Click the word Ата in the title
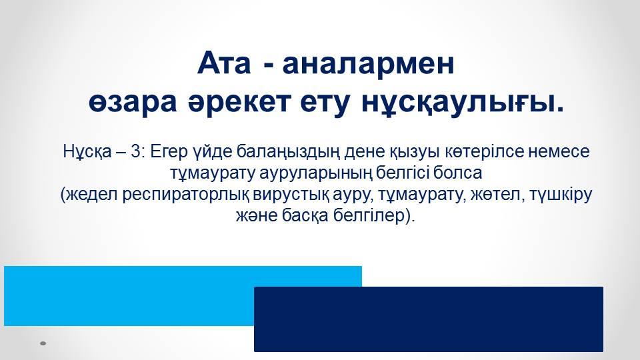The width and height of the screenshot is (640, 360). click(224, 63)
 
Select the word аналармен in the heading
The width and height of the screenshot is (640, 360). click(368, 64)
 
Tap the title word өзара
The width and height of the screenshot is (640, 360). click(133, 103)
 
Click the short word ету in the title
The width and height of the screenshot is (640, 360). click(325, 103)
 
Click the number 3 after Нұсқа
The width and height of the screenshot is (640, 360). click(135, 151)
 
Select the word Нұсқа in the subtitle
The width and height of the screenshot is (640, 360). click(87, 152)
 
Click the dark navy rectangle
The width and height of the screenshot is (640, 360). click(429, 319)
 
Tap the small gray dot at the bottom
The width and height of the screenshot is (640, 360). click(43, 343)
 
